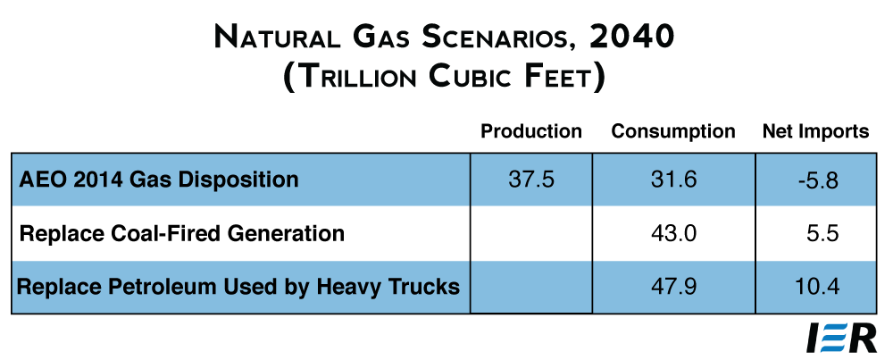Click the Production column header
click(x=530, y=131)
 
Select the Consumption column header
click(x=673, y=131)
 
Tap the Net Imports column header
click(x=815, y=131)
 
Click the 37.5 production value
click(x=530, y=180)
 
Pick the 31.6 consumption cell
click(x=673, y=180)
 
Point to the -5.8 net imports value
click(x=818, y=180)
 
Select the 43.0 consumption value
click(x=673, y=233)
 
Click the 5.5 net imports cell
click(x=823, y=233)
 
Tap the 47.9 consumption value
click(x=673, y=287)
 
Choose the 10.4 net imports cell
click(x=817, y=287)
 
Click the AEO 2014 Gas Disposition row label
click(x=158, y=180)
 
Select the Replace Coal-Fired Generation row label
click(x=181, y=233)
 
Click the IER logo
click(x=841, y=339)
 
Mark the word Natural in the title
click(x=271, y=38)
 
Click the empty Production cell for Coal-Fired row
click(x=530, y=233)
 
